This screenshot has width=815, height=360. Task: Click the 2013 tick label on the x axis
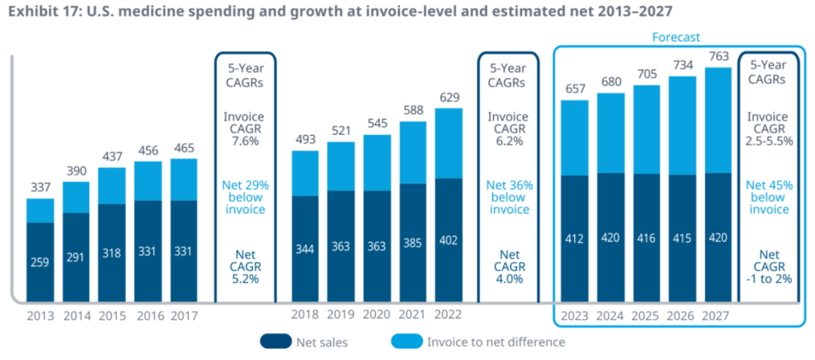coord(41,315)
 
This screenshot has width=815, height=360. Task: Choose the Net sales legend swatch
coord(281,342)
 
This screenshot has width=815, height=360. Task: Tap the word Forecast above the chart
coord(675,36)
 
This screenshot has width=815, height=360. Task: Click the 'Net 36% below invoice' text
coord(509,196)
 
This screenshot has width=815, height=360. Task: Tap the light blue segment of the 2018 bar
coord(306,173)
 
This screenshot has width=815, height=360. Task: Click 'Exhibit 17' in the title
coord(41,11)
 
